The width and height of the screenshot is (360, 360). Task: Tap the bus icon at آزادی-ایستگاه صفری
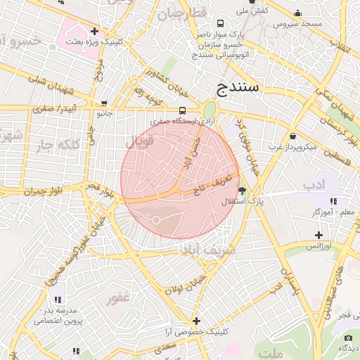click(183, 110)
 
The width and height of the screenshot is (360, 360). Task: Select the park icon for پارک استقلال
click(243, 191)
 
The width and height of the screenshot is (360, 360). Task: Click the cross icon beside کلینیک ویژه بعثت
click(94, 32)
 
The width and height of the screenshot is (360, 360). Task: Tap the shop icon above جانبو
click(104, 103)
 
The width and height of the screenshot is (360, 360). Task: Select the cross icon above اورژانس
click(319, 236)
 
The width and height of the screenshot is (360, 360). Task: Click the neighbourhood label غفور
click(118, 297)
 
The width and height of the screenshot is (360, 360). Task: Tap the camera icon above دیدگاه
click(347, 338)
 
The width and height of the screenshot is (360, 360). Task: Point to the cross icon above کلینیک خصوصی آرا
click(196, 321)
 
